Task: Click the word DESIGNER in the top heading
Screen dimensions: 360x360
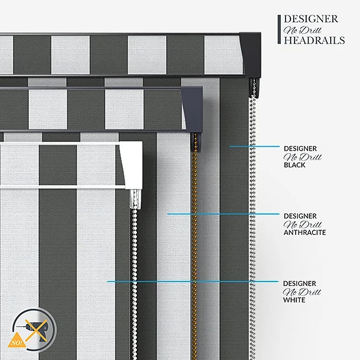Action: [311, 19]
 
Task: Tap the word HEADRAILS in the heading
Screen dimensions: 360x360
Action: [315, 40]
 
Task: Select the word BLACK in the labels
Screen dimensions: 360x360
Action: [294, 165]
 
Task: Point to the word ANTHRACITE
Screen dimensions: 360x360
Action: [305, 232]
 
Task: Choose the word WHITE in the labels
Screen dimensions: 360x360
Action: [294, 300]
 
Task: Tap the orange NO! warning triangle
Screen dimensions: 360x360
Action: [16, 341]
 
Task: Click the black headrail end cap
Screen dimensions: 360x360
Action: [251, 54]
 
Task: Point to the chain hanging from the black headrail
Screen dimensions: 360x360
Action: [252, 227]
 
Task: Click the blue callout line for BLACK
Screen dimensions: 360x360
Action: [254, 146]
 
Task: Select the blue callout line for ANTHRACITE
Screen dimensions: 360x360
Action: [223, 214]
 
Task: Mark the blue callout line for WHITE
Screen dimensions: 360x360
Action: [193, 282]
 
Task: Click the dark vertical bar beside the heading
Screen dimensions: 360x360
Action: [279, 29]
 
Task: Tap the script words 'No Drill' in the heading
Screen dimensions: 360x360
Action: [302, 30]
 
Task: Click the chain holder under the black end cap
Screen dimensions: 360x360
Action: [254, 88]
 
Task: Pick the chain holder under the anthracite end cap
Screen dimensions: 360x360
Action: [196, 142]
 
